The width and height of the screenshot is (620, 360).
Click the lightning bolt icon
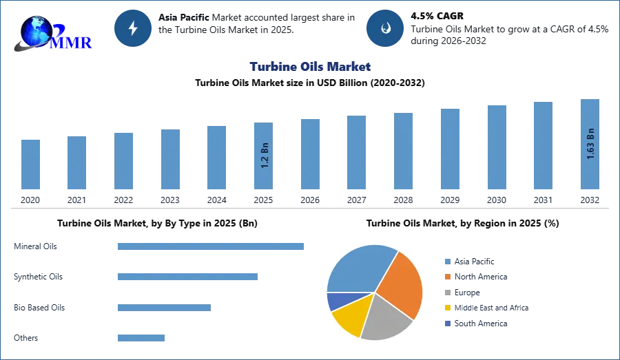coord(133,28)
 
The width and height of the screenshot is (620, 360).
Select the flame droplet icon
coord(386,28)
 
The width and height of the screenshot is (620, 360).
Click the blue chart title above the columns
coord(311,67)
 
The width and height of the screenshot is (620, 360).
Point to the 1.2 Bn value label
coord(265,156)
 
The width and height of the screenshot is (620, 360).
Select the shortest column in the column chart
coord(30,165)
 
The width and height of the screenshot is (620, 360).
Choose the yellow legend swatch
coord(446,308)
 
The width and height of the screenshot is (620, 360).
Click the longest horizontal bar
coord(211,247)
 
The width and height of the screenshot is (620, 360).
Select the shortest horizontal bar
coord(141,337)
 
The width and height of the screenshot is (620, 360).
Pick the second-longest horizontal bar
coord(187,276)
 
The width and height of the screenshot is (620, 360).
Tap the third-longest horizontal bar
coord(165,308)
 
